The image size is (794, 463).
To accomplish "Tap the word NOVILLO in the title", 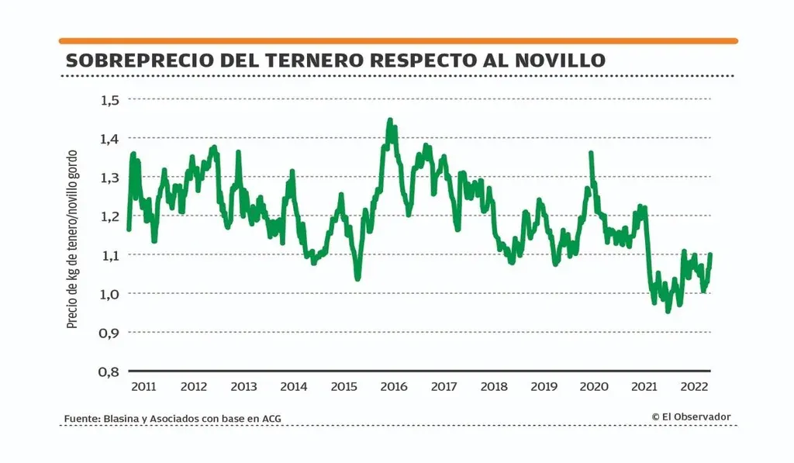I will click(x=556, y=60).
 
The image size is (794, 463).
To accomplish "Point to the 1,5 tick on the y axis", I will click(x=111, y=99).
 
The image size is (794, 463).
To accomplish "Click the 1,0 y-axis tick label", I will click(x=111, y=293).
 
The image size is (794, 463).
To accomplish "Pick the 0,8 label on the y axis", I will click(x=111, y=371).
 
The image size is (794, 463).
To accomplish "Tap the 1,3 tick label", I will click(x=111, y=177).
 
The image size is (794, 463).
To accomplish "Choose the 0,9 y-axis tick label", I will click(x=111, y=332).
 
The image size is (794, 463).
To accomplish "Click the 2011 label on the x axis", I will click(x=143, y=385).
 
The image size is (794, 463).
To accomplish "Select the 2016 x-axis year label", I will click(x=394, y=385).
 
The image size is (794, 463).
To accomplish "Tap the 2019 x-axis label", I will click(x=544, y=385).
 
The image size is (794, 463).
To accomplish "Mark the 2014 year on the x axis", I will click(x=294, y=385).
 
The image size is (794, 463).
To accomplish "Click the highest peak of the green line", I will click(x=389, y=121).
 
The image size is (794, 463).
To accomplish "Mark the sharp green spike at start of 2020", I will click(x=591, y=153).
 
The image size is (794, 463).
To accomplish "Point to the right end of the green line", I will click(x=710, y=254).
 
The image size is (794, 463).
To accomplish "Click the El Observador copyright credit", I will click(x=691, y=416).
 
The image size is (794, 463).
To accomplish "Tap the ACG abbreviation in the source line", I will click(x=271, y=419).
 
